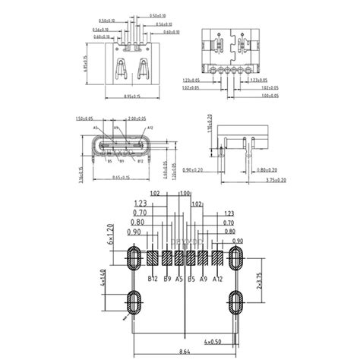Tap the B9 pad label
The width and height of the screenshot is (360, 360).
click(x=167, y=279)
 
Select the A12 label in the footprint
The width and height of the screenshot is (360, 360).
click(x=218, y=279)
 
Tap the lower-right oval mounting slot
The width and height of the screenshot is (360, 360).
click(x=235, y=305)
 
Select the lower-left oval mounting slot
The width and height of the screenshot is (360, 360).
click(x=134, y=305)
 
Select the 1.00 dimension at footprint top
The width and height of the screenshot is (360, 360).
click(x=183, y=194)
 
